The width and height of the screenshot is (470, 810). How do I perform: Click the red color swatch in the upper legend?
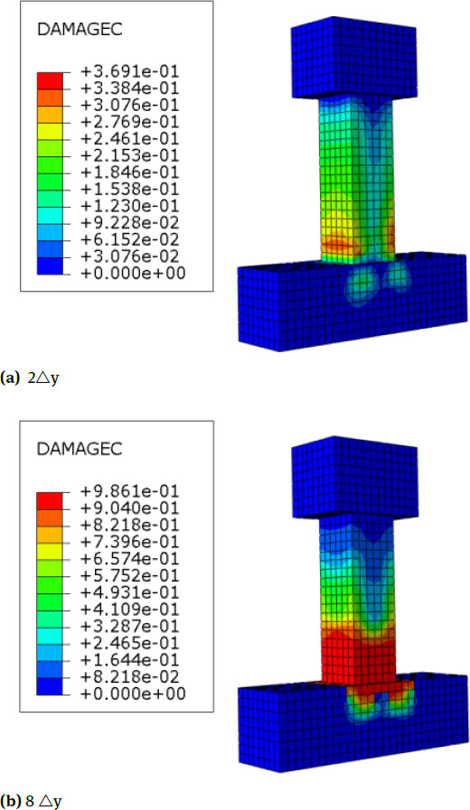click(51, 81)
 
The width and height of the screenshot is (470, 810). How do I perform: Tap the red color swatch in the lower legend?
click(51, 500)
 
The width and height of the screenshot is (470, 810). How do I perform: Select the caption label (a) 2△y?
click(32, 377)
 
